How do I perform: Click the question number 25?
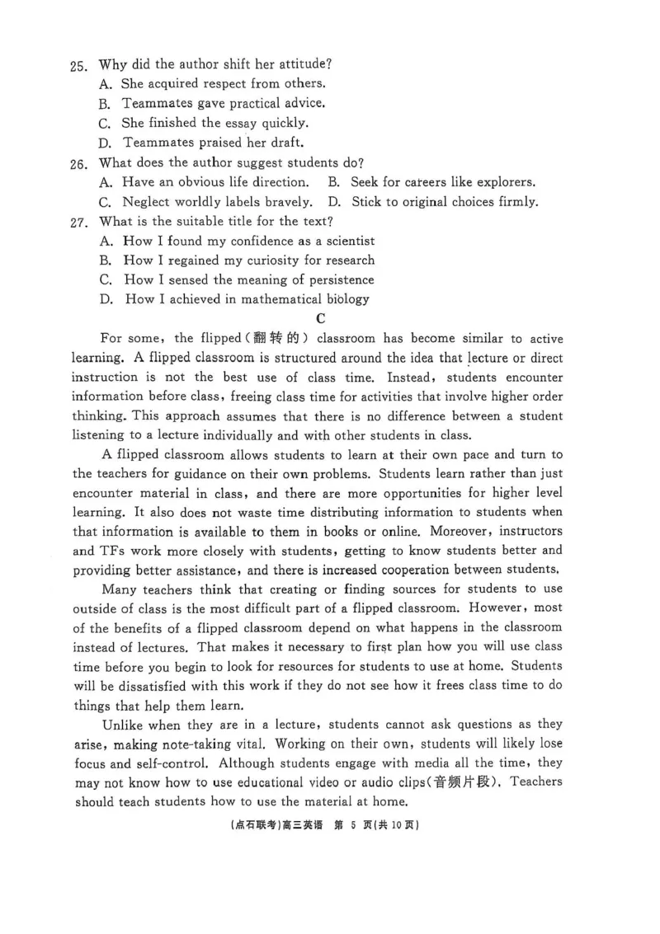(x=79, y=64)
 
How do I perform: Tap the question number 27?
(x=79, y=222)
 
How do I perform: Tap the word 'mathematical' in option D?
(x=279, y=299)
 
